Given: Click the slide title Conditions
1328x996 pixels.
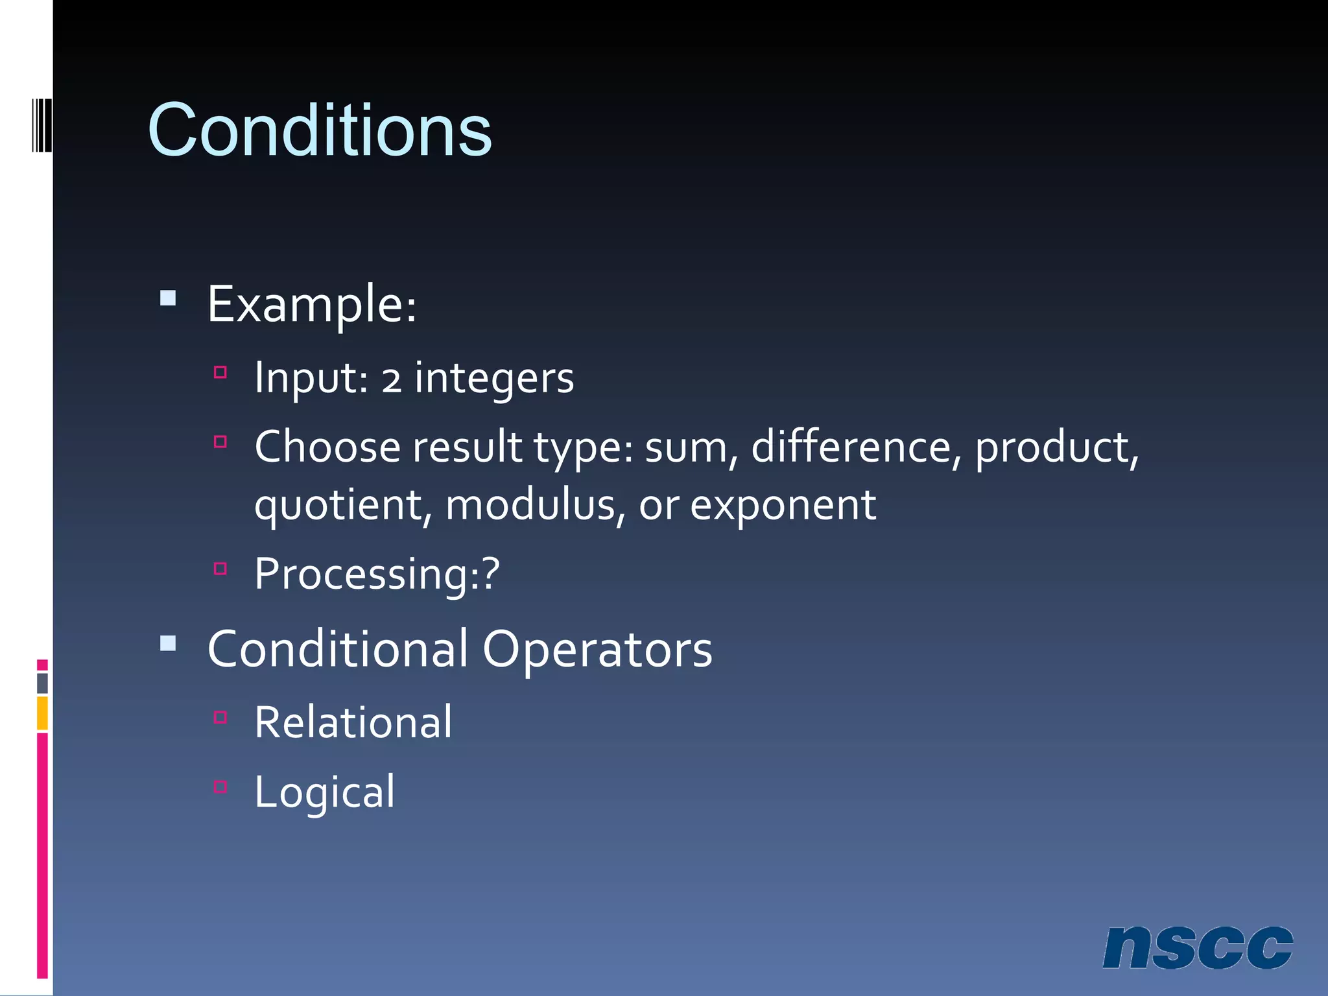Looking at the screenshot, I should [320, 131].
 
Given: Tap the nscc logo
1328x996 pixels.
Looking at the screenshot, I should [1197, 947].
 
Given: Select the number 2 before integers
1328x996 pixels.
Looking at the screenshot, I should [391, 379].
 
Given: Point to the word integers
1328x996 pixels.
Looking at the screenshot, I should [494, 379].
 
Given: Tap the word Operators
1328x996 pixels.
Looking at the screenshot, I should [597, 649].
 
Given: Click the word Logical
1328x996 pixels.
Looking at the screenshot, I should [324, 792].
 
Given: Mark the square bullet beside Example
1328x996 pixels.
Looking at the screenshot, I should [168, 298].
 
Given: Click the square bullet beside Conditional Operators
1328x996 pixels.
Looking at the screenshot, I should [168, 643].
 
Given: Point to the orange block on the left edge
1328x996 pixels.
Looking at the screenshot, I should [42, 713].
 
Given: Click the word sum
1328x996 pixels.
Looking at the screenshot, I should [687, 447].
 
